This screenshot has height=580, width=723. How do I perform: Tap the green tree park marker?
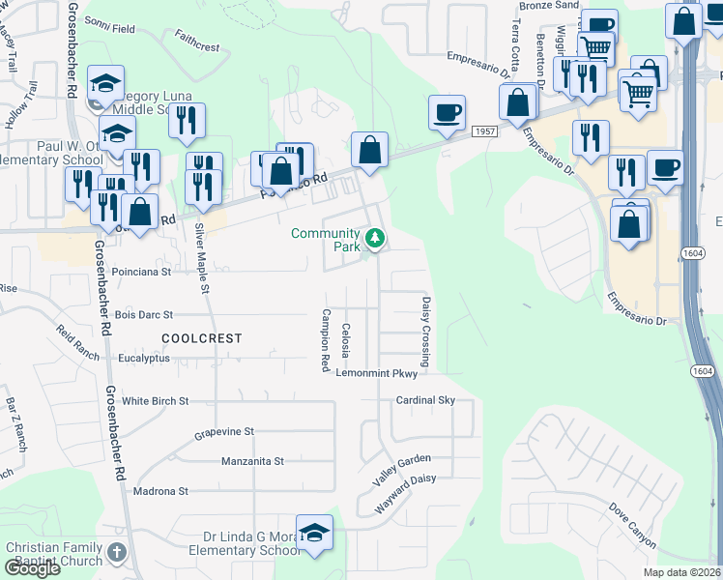pos(374,238)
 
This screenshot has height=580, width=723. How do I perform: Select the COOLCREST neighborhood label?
pos(201,338)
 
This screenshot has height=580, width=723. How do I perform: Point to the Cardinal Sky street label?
pos(424,400)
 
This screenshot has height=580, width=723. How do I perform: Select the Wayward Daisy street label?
pos(405,489)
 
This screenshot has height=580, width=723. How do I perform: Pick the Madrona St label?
pos(161,491)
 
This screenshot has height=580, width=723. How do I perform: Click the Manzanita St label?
pos(252,461)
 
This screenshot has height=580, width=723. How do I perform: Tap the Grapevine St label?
pos(223,431)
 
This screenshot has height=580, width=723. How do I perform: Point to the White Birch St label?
pos(155,400)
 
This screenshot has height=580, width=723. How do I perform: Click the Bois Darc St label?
pos(143,314)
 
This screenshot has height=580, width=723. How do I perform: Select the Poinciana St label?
pos(141,272)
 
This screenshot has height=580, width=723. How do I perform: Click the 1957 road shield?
pos(484,130)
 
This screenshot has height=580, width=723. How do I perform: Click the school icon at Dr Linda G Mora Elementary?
pos(314,533)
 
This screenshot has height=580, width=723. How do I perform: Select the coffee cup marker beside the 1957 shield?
pos(447,113)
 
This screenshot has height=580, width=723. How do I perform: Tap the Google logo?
pos(32,568)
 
